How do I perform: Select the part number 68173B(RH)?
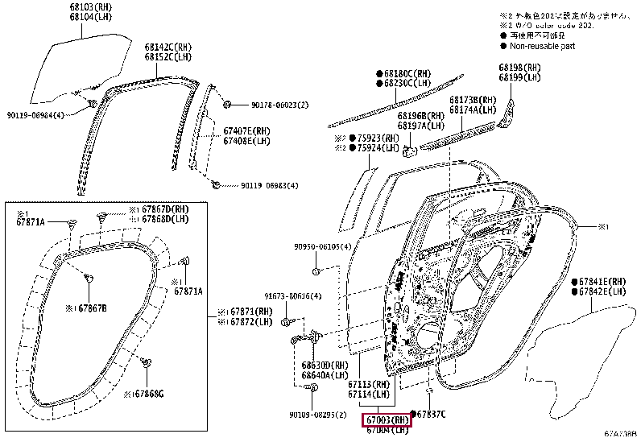[x=472, y=99]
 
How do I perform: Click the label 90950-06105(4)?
[x=321, y=246]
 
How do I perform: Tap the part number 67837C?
[x=432, y=414]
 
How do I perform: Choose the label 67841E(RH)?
[x=602, y=282]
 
